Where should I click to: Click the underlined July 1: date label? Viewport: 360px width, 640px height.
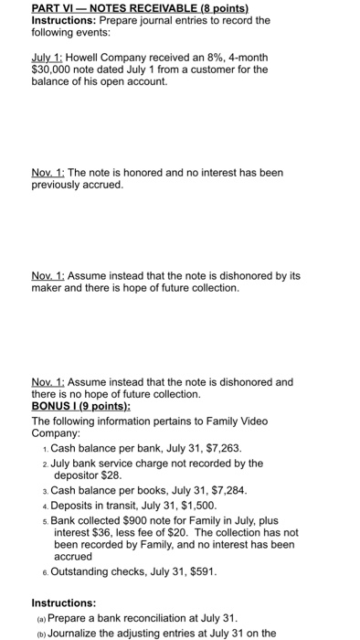click(x=48, y=56)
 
